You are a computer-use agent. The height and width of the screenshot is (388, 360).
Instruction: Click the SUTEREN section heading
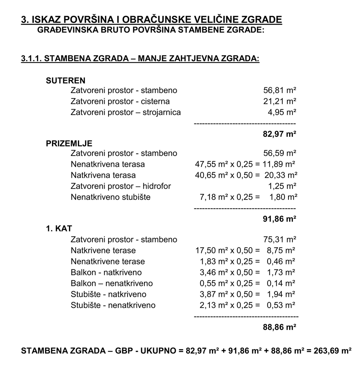tap(65, 80)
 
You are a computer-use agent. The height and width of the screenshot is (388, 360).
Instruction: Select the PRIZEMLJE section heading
tap(69, 144)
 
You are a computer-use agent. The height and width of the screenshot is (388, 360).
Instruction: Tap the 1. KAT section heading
tap(59, 228)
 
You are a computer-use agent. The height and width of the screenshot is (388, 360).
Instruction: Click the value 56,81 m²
tap(280, 91)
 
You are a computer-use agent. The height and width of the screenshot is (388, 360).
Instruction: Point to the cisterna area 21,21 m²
tap(280, 101)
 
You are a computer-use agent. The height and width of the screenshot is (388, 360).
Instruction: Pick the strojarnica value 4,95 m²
tap(282, 112)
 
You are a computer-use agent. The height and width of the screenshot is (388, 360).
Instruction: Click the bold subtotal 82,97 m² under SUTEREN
tap(280, 134)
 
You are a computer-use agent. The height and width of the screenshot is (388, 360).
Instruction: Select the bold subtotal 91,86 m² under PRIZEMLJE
tap(280, 219)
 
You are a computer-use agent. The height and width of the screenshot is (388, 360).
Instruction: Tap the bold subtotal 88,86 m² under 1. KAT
tap(280, 327)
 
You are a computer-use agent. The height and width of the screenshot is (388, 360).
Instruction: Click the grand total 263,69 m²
tap(331, 351)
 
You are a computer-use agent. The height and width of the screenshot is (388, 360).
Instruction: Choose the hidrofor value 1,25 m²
tap(282, 186)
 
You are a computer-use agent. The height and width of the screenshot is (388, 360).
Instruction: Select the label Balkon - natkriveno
tap(106, 272)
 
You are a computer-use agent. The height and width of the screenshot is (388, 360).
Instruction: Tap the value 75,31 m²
tap(280, 240)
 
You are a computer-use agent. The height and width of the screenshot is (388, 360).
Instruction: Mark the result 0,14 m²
tap(281, 283)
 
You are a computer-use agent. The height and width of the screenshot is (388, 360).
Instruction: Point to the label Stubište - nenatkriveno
tap(113, 305)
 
